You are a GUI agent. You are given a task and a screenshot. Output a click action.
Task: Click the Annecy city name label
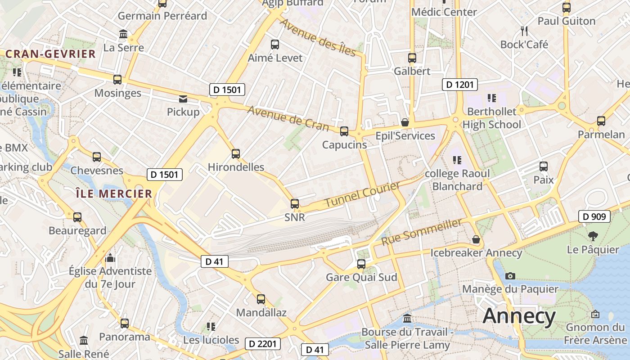(519, 316)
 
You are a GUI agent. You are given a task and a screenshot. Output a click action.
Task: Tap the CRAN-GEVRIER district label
(51, 54)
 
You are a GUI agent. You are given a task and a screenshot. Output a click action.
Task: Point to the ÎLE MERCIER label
(113, 194)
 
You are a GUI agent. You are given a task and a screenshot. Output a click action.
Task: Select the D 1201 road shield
(459, 84)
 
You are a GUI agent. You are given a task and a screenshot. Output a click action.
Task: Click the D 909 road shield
(594, 216)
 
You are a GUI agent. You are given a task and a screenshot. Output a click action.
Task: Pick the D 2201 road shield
(263, 344)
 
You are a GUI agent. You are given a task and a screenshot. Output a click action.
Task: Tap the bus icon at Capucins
(344, 131)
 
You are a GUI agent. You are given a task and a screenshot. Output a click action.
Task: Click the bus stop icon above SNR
(295, 204)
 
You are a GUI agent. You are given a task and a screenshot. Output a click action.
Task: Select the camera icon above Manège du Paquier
(510, 276)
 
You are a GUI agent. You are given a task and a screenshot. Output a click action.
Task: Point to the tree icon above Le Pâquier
(593, 236)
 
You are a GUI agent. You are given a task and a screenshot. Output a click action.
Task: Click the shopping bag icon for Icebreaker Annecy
(476, 239)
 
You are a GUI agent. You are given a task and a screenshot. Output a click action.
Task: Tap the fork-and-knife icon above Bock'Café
(524, 31)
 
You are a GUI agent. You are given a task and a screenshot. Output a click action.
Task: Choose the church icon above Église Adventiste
(110, 258)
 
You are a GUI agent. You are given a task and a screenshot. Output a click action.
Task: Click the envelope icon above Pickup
(183, 99)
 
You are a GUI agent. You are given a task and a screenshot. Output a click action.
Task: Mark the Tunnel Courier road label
(362, 194)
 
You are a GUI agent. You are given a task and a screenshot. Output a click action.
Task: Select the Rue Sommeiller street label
(422, 232)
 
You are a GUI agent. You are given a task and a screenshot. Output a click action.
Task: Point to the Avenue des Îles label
(318, 38)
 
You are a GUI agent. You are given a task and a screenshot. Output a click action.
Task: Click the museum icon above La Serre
(123, 34)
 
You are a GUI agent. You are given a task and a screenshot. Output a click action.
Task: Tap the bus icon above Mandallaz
(261, 299)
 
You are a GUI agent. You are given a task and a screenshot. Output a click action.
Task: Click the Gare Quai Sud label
(361, 277)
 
